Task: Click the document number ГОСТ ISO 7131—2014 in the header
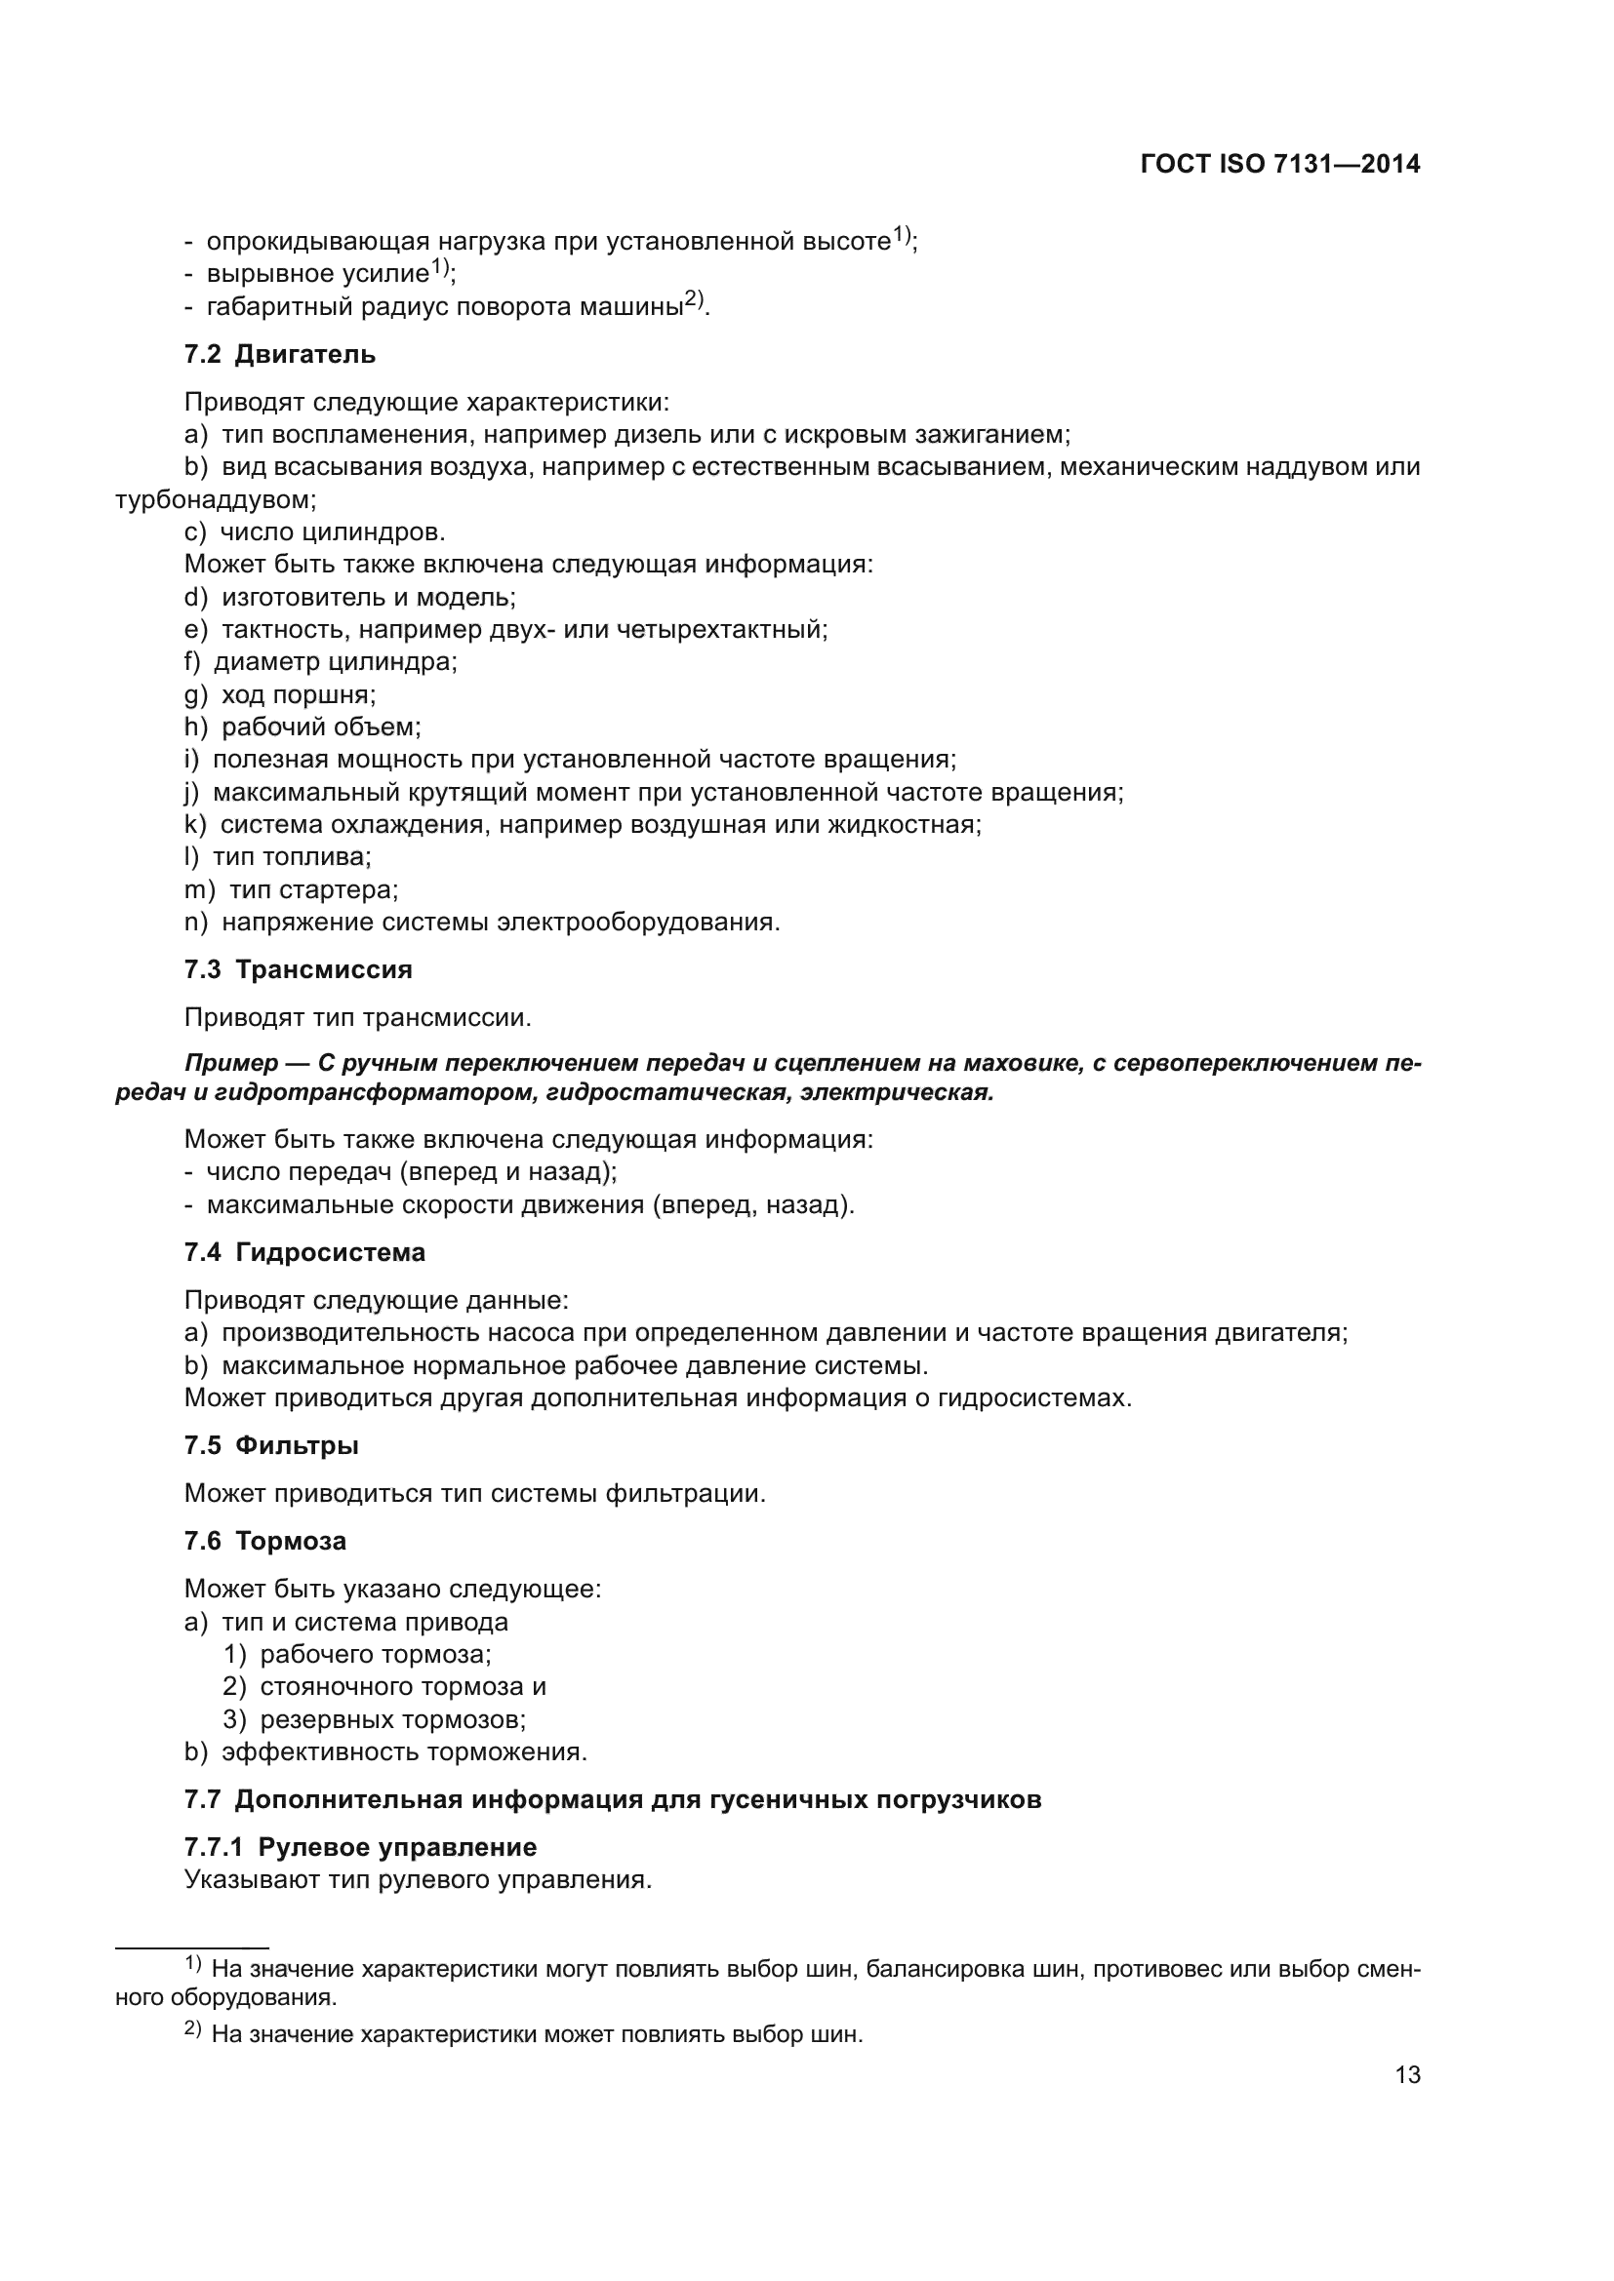[x=1280, y=164]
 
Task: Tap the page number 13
[x=1407, y=2074]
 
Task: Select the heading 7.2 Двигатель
[x=280, y=355]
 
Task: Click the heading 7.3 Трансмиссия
[x=299, y=969]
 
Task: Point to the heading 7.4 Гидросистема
[x=305, y=1253]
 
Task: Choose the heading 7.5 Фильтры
[x=271, y=1445]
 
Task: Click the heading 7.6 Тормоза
[x=265, y=1542]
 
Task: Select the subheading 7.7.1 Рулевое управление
[x=360, y=1847]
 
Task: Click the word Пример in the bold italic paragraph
[x=231, y=1064]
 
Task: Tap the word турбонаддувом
[x=215, y=499]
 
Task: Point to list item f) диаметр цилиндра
[x=321, y=661]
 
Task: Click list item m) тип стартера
[x=291, y=890]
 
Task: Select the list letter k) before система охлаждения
[x=195, y=825]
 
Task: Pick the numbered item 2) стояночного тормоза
[x=383, y=1687]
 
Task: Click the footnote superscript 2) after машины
[x=695, y=299]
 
